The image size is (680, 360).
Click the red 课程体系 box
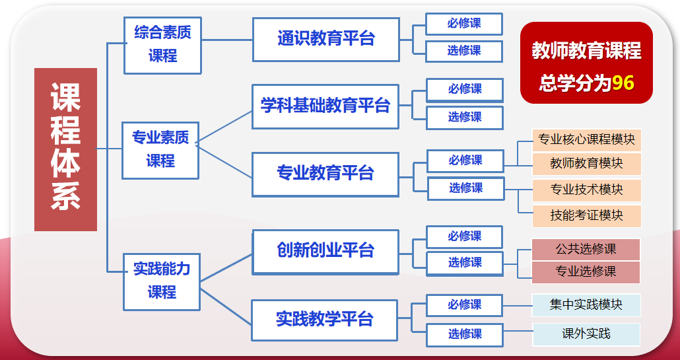tap(65, 149)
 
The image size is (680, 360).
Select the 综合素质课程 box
tap(162, 44)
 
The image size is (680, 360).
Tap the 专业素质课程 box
tap(160, 149)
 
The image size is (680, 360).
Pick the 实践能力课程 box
tap(162, 281)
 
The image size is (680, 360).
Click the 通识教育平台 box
tap(325, 39)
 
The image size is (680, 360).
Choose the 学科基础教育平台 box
tap(325, 106)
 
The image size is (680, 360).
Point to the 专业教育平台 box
tap(325, 174)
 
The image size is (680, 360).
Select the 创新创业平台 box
tap(325, 251)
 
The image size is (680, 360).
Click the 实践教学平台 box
tap(325, 320)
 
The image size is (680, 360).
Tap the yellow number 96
tap(623, 84)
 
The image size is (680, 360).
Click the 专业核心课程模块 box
tap(586, 139)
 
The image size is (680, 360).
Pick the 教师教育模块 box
tap(586, 162)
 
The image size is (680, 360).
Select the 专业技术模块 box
tap(586, 190)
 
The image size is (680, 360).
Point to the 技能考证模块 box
tap(586, 215)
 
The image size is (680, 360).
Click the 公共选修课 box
tap(586, 249)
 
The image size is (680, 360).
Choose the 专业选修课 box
tap(586, 271)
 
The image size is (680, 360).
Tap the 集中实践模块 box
tap(586, 305)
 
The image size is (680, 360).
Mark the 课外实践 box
tap(586, 334)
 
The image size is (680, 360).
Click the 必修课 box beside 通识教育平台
tap(464, 24)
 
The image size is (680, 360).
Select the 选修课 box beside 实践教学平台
tap(465, 334)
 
